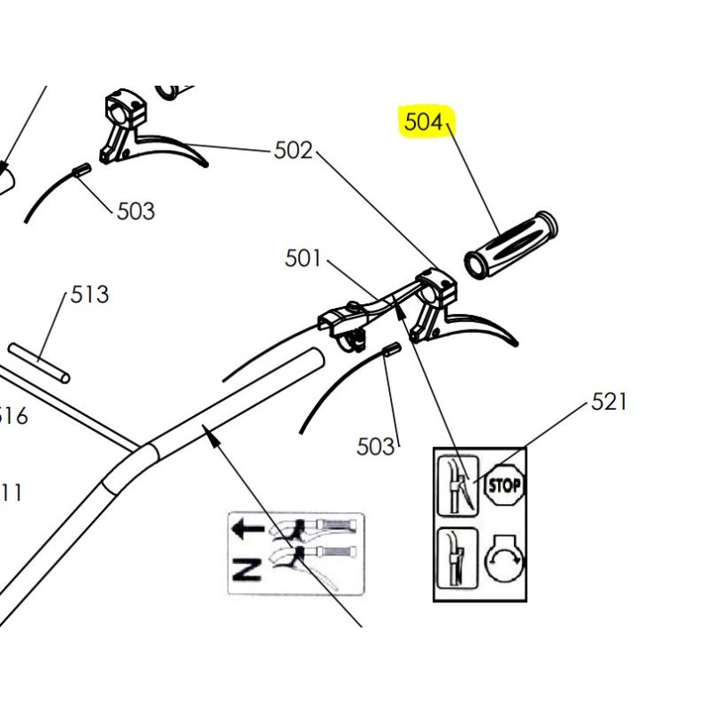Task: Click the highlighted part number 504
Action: [424, 122]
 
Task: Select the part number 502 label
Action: [293, 151]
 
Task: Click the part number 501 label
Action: [303, 258]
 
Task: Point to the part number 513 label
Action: [89, 295]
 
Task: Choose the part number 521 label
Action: [610, 403]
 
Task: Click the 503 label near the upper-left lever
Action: [136, 212]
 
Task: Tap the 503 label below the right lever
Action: [376, 445]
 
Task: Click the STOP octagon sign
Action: [504, 486]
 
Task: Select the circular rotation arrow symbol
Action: [504, 560]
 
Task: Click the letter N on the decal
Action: [246, 567]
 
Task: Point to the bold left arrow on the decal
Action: [247, 528]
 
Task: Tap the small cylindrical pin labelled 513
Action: [39, 361]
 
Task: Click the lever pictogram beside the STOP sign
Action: [458, 483]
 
